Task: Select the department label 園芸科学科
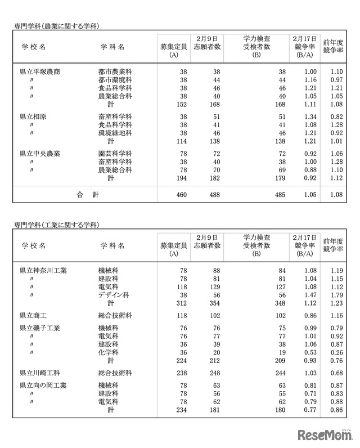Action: point(115,153)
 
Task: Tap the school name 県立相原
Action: point(33,117)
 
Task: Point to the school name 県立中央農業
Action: point(40,153)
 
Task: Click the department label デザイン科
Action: point(114,294)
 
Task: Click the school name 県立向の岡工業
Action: point(43,386)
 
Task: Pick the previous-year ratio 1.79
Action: point(336,294)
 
